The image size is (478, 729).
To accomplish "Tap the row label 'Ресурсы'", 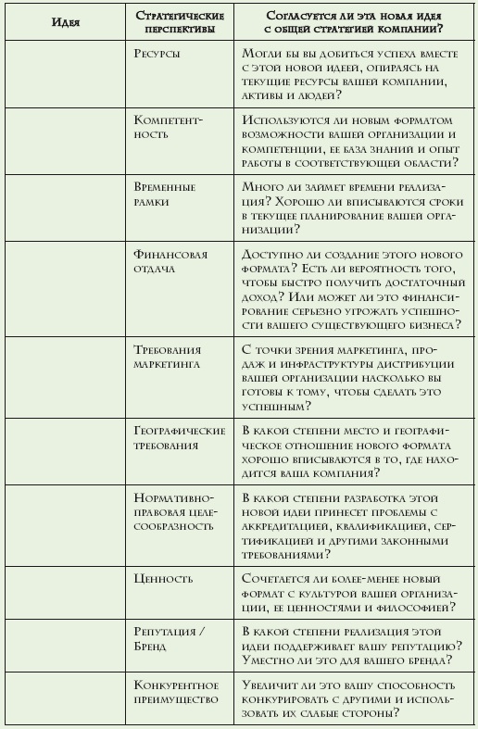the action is click(157, 55).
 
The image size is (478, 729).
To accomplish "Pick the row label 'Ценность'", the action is click(164, 579).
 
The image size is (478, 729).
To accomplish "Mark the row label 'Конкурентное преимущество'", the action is click(176, 691).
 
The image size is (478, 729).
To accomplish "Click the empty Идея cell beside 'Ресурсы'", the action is click(65, 75).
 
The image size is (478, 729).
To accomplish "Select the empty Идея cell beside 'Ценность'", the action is click(65, 593).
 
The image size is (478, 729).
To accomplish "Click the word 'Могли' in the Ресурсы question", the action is click(260, 55).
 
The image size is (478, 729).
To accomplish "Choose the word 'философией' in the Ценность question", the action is click(407, 607).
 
